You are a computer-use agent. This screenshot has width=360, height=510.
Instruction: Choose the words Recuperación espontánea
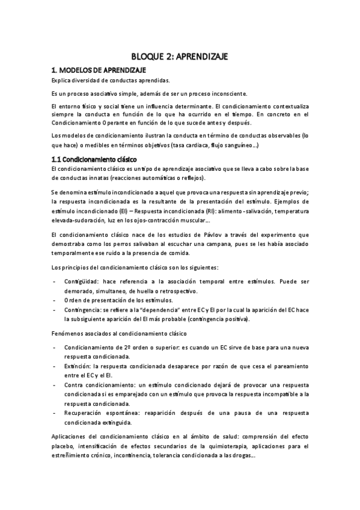click(x=103, y=413)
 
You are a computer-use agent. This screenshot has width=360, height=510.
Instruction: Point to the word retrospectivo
click(x=171, y=290)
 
